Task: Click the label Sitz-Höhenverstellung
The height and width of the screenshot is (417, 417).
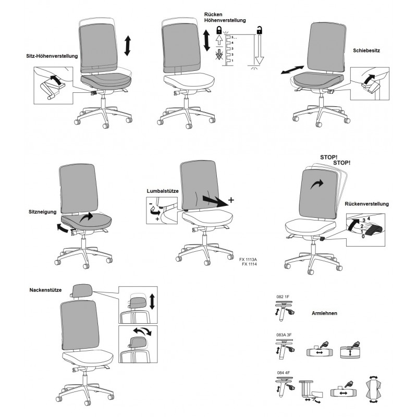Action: coord(52,56)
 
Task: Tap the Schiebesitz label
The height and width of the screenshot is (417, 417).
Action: coord(366,51)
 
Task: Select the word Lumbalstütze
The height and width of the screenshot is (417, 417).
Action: coord(163,191)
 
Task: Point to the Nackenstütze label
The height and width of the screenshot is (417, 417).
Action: coord(45,290)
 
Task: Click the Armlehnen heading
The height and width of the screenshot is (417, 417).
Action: coord(324,313)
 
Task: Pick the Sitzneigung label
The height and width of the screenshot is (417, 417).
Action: coord(43,212)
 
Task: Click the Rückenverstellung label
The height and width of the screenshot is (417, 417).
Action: coord(367,204)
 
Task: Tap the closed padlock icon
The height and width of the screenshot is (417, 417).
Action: coord(219,30)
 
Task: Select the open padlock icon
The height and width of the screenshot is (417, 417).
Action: coord(259,30)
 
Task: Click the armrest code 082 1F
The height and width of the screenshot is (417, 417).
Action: coord(283,297)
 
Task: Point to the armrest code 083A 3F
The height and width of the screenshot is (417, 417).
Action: coord(284,335)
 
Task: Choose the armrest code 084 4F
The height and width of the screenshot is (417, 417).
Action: coord(283,373)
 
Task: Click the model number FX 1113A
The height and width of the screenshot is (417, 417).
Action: coord(248,260)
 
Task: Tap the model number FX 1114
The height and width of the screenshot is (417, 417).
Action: coord(249,264)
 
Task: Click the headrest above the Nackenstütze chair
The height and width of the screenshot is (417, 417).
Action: coord(82,291)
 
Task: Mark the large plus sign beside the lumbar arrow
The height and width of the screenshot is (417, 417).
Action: coord(231,200)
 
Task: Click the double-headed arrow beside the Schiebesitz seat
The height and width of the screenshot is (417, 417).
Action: coord(292,70)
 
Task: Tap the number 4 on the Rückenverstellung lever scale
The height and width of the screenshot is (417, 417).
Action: coord(369,218)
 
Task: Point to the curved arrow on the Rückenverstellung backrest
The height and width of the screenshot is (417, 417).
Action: coord(317,184)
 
